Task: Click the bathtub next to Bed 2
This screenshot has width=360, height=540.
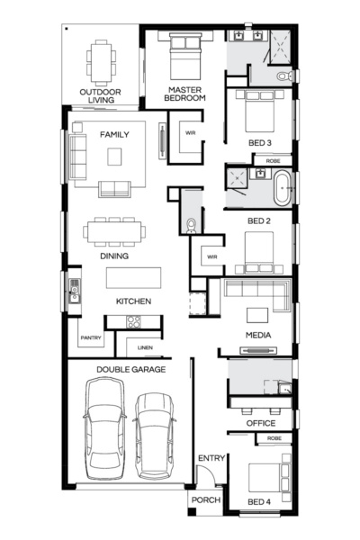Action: [x=283, y=187]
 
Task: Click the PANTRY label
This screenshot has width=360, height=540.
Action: [x=90, y=338]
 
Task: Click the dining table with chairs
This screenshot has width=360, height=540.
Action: [x=112, y=231]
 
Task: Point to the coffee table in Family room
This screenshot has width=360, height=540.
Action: [x=114, y=157]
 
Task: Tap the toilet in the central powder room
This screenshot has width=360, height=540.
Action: [x=190, y=222]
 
